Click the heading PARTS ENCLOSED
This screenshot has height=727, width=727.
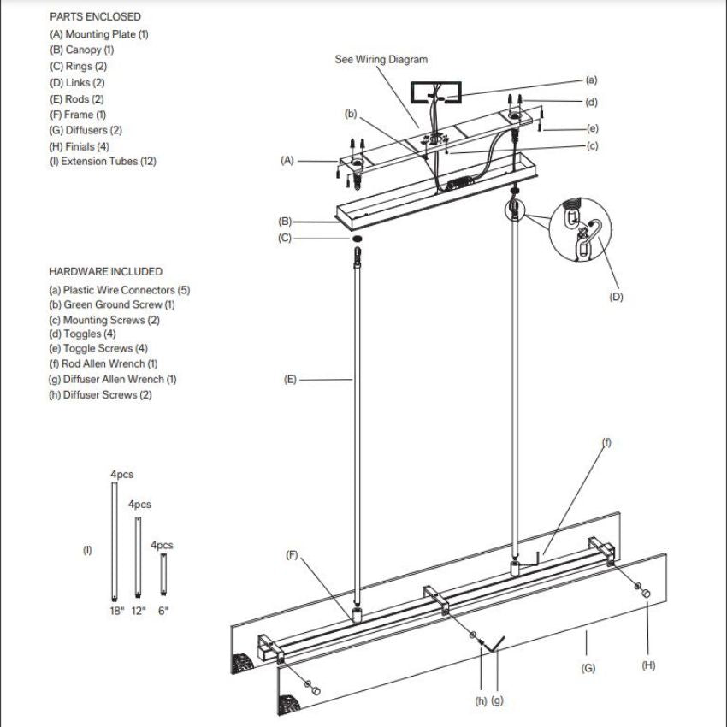click(95, 16)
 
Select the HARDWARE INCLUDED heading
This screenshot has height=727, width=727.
click(105, 271)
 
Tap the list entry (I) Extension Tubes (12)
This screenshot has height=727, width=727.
click(103, 162)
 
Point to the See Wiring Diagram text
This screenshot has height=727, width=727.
click(381, 60)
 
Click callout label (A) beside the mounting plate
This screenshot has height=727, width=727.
click(287, 160)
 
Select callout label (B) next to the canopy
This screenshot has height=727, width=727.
click(285, 222)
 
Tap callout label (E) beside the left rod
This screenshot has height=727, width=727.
click(290, 379)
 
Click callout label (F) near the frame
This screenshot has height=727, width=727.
click(292, 555)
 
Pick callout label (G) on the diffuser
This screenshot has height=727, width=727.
click(588, 668)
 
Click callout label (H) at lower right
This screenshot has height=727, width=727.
click(648, 665)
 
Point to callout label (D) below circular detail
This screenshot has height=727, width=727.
click(616, 298)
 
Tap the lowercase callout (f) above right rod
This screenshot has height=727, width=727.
click(607, 442)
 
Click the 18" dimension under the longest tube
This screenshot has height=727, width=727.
click(117, 611)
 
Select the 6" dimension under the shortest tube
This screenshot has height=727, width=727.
click(163, 611)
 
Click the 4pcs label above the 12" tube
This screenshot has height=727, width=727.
click(139, 505)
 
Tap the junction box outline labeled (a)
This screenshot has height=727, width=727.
click(436, 92)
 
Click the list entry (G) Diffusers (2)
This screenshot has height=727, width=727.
click(86, 130)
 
